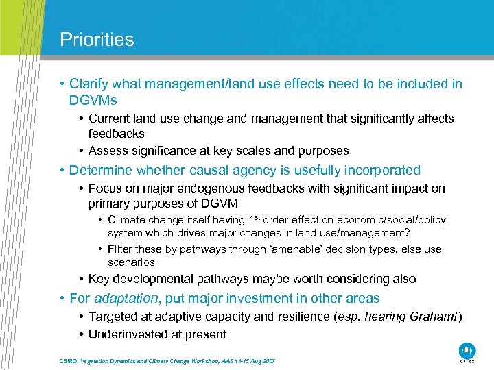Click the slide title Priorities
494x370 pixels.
(97, 39)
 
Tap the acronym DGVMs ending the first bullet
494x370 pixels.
(93, 100)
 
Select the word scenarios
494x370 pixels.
(131, 262)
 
